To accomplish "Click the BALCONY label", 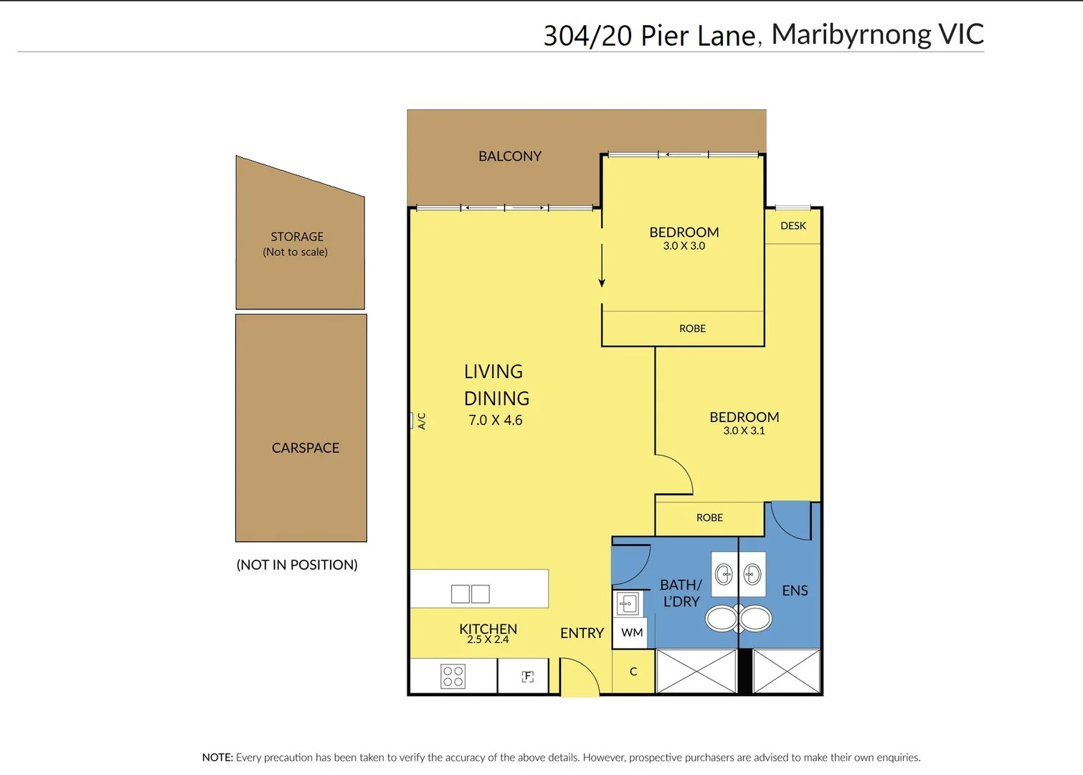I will [510, 156].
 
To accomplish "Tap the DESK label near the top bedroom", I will [793, 226].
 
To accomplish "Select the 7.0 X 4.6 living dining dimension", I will [496, 421].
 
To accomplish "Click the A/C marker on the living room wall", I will [420, 421].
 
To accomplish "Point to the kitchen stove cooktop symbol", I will [453, 676].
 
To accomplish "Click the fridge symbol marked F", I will [528, 676].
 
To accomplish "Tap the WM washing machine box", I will [632, 633].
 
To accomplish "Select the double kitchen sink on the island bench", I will [470, 593].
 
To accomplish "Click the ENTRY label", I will [582, 633].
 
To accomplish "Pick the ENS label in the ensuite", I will [795, 591].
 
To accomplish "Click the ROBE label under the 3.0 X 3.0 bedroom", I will [692, 329].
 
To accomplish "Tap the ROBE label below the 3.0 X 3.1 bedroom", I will [709, 518].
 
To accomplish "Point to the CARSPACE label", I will [306, 448].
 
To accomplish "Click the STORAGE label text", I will [297, 237].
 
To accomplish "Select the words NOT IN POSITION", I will [297, 565].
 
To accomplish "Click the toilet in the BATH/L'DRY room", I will [722, 618].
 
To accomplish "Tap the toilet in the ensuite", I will [755, 618].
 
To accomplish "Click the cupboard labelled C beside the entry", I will [633, 672].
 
